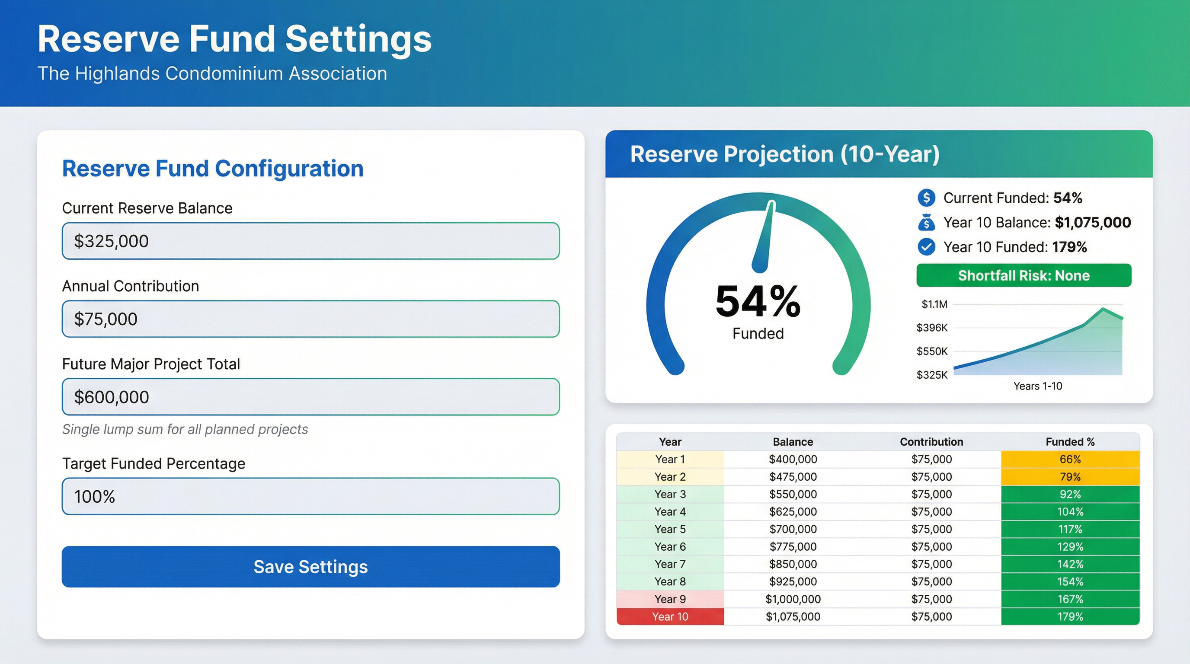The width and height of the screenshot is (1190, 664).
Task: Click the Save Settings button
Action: click(310, 567)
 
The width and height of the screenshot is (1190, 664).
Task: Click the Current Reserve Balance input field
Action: click(310, 241)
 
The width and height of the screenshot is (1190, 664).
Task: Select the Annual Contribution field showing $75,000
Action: click(310, 319)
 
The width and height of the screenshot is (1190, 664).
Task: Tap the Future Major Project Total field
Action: click(310, 397)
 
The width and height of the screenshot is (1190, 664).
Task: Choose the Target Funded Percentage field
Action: click(310, 496)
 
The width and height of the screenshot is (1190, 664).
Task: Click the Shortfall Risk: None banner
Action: click(1024, 276)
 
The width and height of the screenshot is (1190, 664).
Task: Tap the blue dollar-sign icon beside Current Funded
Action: click(926, 198)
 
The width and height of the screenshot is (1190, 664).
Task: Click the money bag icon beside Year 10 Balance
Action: click(926, 223)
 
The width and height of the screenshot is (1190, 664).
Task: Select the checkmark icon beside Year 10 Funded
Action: click(926, 247)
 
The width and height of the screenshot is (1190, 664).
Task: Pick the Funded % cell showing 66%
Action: click(1070, 460)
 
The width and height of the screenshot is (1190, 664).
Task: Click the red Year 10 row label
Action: click(670, 616)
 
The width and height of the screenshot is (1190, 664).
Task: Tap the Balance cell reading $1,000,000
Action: click(793, 599)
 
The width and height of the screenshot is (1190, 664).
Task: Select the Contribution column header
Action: click(931, 442)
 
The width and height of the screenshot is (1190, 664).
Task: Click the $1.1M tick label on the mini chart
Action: click(934, 304)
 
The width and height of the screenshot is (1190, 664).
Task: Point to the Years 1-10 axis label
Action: click(1037, 386)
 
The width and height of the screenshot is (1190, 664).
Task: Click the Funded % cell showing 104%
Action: click(1070, 512)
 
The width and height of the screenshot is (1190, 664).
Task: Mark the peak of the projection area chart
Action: click(1103, 309)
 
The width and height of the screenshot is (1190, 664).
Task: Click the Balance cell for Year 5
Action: click(793, 529)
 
